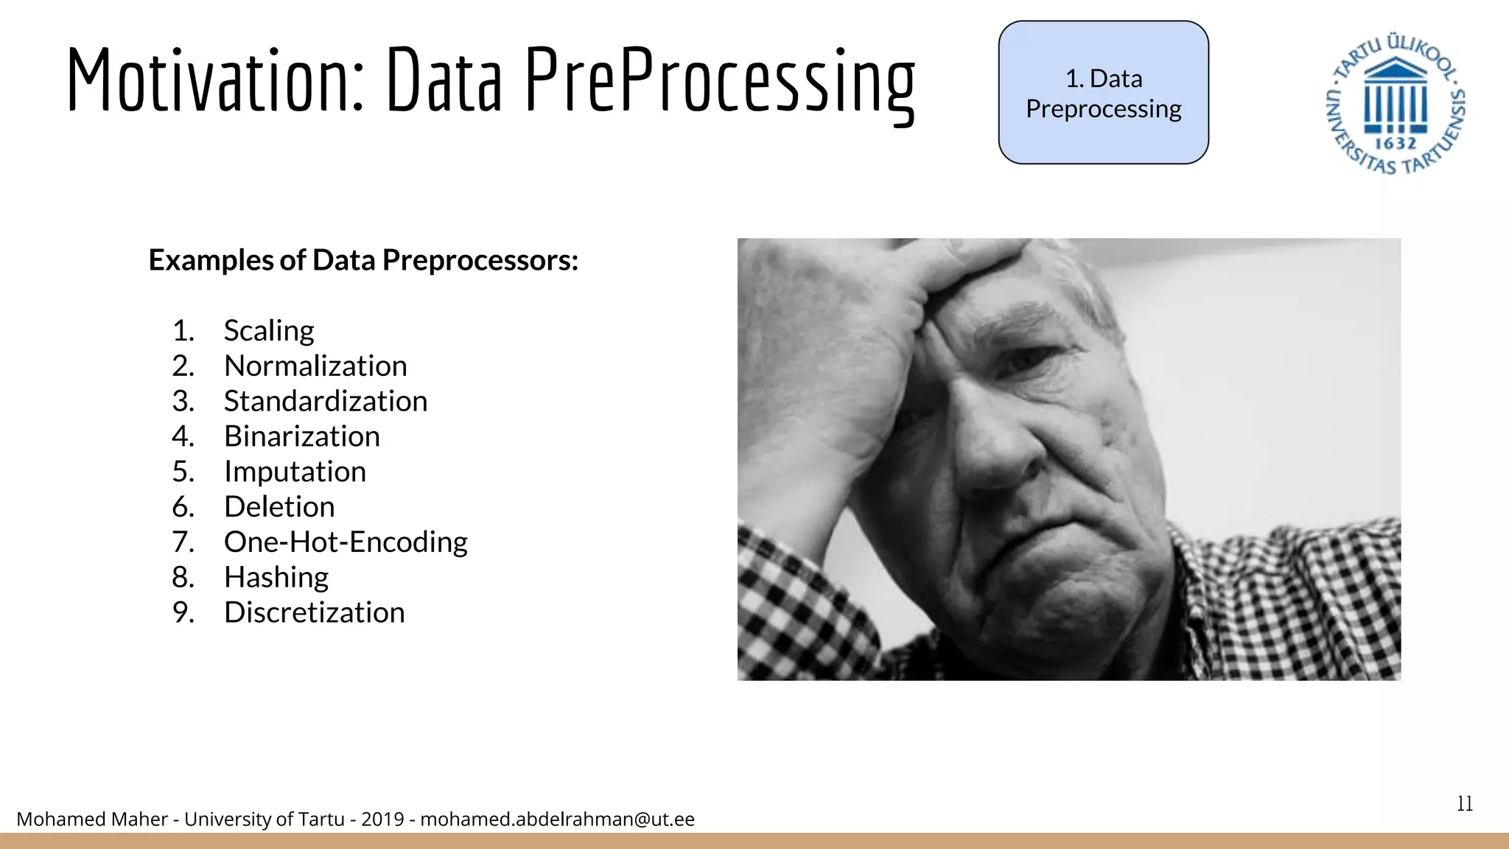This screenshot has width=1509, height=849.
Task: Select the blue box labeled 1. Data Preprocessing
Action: [1103, 93]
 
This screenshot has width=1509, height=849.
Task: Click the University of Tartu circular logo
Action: [1395, 103]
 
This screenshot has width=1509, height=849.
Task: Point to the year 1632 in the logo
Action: [1396, 143]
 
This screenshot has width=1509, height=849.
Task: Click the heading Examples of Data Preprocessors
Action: [363, 260]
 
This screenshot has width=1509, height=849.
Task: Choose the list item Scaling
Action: [269, 331]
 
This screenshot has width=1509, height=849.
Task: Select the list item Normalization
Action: [315, 366]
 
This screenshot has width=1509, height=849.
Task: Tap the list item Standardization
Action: [326, 402]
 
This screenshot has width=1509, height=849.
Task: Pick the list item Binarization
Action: [302, 436]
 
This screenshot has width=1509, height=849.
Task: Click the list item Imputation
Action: [295, 472]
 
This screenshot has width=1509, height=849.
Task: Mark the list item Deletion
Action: [279, 507]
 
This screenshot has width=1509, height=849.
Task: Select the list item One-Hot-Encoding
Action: [346, 542]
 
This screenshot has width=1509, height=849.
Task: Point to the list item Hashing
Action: [276, 577]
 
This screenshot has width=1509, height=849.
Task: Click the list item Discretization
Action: [315, 612]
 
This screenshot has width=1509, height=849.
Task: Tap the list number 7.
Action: [183, 542]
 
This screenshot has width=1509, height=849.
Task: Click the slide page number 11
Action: [1465, 803]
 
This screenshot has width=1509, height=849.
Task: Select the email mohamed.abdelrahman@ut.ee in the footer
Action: [557, 819]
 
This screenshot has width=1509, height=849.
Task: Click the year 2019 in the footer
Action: [382, 819]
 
